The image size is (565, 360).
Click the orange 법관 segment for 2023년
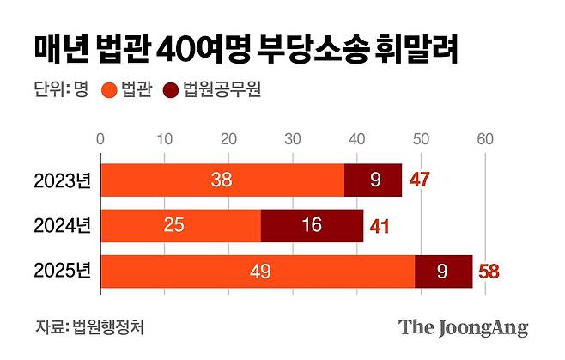[x=222, y=180]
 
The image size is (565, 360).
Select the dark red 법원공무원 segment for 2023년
[x=373, y=180]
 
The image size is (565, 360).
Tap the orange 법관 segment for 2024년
[x=181, y=226]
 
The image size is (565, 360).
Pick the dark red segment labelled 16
[x=312, y=226]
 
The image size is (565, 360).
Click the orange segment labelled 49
[x=258, y=272]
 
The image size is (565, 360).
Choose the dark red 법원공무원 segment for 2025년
[x=443, y=272]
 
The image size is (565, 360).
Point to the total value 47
[x=419, y=180]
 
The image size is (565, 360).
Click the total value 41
[x=380, y=227]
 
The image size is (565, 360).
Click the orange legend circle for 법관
[x=109, y=90]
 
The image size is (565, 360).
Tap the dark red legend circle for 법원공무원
[x=170, y=90]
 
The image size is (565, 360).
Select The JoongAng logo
[x=463, y=327]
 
